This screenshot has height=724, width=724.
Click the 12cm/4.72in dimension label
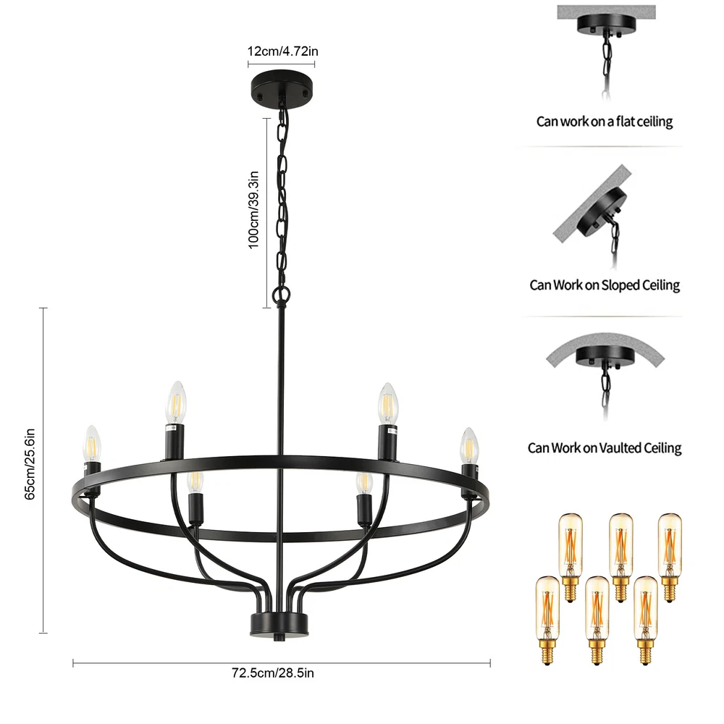pyautogui.click(x=282, y=52)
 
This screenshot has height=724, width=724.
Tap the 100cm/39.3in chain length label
pyautogui.click(x=254, y=210)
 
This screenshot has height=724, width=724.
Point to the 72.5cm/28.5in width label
pyautogui.click(x=273, y=673)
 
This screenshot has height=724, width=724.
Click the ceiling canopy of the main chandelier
pyautogui.click(x=282, y=84)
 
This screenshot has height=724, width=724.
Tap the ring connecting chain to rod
pyautogui.click(x=280, y=294)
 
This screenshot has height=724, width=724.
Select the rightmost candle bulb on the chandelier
pyautogui.click(x=470, y=446)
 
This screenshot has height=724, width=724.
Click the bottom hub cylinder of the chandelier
pyautogui.click(x=279, y=623)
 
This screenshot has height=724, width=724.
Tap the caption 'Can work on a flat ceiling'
pyautogui.click(x=605, y=122)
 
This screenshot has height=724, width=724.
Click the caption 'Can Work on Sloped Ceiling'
pyautogui.click(x=605, y=285)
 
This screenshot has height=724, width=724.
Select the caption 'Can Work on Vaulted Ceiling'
pyautogui.click(x=605, y=448)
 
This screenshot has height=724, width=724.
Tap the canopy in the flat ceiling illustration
pyautogui.click(x=605, y=23)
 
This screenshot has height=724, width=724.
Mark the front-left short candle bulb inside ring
pyautogui.click(x=194, y=483)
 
